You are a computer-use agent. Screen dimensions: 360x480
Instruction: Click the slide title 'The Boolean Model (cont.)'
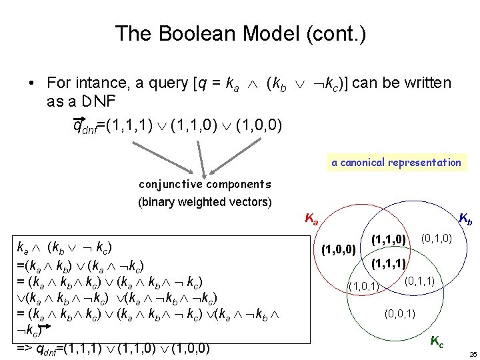[240, 33]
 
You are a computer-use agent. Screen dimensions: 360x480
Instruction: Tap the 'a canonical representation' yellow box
[396, 162]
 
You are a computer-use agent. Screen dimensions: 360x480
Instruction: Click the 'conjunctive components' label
[205, 185]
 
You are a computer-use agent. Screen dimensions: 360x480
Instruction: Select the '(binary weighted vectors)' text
[205, 201]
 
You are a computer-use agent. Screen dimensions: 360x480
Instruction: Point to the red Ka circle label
[311, 218]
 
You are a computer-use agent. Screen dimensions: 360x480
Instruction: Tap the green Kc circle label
[437, 342]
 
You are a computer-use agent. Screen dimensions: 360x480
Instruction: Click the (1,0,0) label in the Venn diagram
[339, 251]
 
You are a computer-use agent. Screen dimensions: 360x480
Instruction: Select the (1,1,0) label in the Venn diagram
[389, 239]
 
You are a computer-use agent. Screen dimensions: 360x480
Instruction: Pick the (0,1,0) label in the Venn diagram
[437, 237]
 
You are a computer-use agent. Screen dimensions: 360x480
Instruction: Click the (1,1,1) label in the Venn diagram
[389, 264]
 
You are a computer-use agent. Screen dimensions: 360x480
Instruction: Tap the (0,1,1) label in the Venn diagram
[419, 282]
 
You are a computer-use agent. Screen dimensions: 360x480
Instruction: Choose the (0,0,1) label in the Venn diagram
[401, 313]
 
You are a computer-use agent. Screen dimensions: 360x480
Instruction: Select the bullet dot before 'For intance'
[31, 84]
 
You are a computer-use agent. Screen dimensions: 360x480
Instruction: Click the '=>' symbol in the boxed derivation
[25, 349]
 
